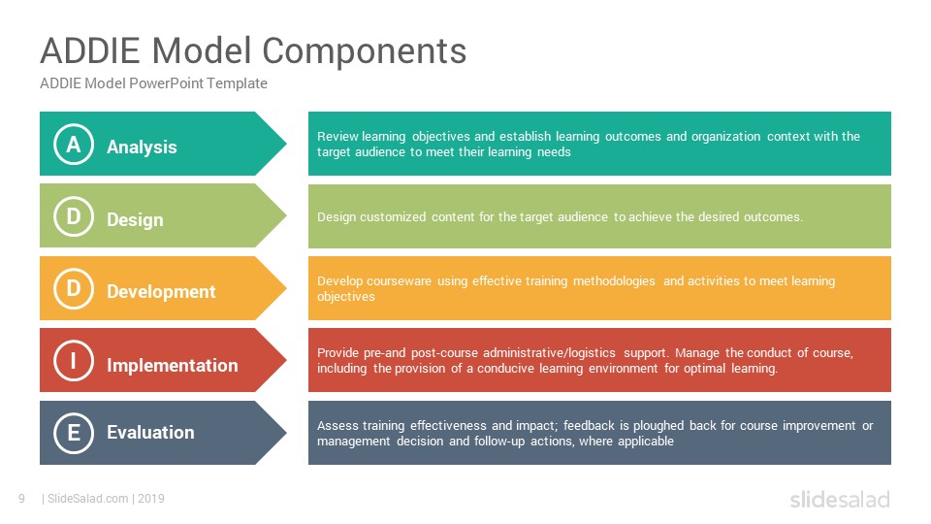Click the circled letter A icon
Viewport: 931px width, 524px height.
click(74, 144)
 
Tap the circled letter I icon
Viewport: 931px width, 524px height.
click(74, 361)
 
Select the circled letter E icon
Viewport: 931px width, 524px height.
click(74, 433)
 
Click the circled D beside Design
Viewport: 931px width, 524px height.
click(74, 216)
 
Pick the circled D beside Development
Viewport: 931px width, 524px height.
click(74, 288)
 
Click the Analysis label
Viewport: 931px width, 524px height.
click(142, 147)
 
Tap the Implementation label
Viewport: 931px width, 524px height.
click(173, 365)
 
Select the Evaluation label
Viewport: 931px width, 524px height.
click(150, 432)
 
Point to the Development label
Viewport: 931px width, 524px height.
click(161, 292)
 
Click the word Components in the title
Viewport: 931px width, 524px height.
click(364, 51)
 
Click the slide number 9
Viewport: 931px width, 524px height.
click(21, 499)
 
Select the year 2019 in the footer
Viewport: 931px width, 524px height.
click(151, 499)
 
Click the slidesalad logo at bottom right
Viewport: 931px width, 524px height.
click(840, 499)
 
